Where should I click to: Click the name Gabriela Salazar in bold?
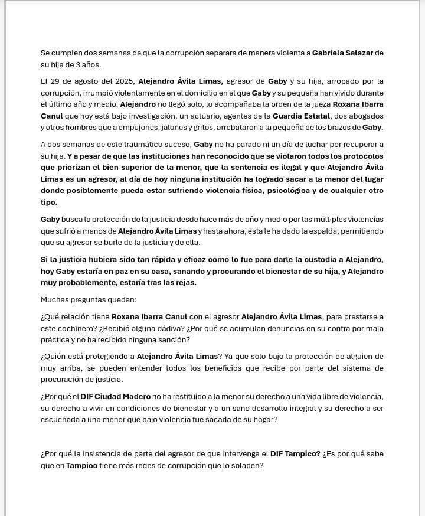343,53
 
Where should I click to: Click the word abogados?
365,116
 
